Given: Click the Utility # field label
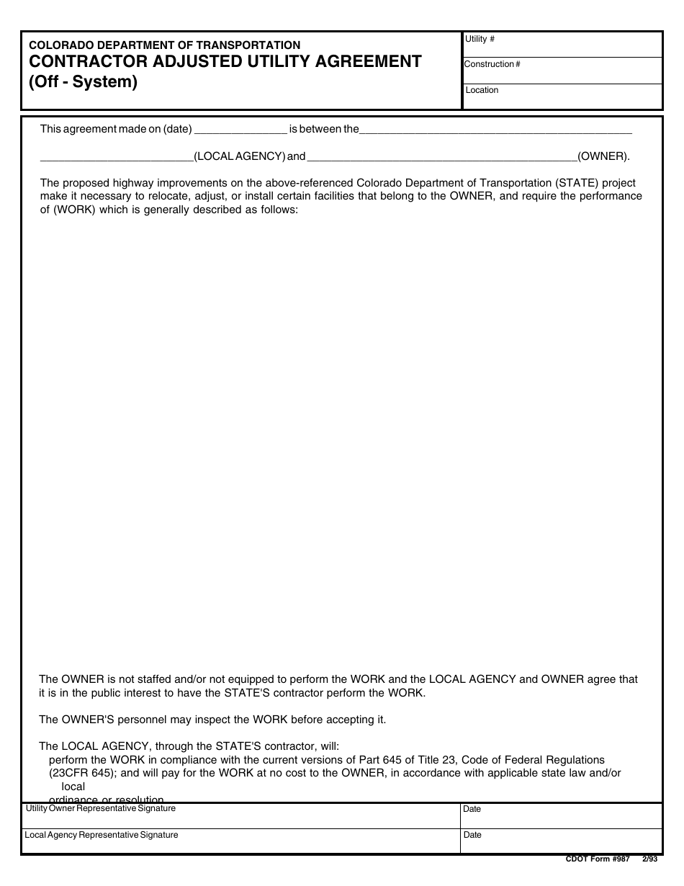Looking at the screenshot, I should coord(480,39).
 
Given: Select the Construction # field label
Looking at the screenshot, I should coord(492,64).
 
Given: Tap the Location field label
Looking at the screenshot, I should coord(482,90).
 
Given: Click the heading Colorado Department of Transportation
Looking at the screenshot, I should coord(165,45).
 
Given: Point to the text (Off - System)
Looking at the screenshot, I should coord(83,82).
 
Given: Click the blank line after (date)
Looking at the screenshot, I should coord(240,130).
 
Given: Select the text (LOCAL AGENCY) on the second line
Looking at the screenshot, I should coord(239,156).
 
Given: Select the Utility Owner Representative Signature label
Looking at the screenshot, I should coord(101,809).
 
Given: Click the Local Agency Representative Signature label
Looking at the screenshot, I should coord(102,835).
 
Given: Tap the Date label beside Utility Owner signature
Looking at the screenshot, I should coord(472,809).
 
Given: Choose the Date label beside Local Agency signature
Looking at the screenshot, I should coord(472,835).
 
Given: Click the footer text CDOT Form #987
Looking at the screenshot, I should coord(598,859).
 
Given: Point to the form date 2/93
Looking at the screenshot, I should coord(649,859).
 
